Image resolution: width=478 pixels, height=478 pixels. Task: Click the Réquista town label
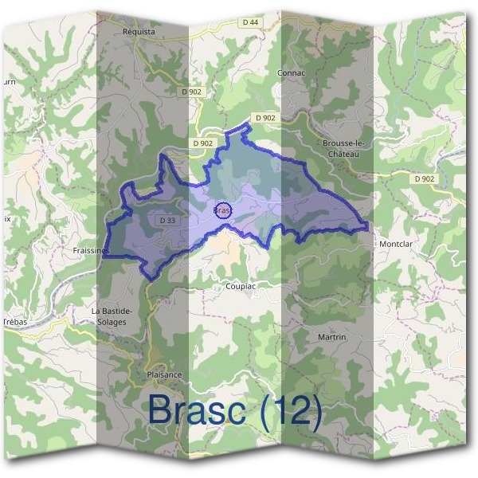[x=139, y=32]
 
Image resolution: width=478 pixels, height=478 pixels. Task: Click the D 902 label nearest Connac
[x=265, y=117]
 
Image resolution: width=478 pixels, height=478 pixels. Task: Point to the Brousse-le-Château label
[x=343, y=148]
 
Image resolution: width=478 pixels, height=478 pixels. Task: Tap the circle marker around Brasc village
[x=224, y=210]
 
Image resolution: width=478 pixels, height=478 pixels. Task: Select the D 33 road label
[x=167, y=220]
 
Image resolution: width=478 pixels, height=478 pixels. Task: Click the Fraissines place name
[x=90, y=249]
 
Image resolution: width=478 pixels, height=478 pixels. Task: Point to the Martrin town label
[x=331, y=337]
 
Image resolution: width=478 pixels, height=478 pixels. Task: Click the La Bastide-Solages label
[x=112, y=315]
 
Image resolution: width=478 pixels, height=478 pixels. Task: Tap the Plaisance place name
[x=165, y=374]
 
